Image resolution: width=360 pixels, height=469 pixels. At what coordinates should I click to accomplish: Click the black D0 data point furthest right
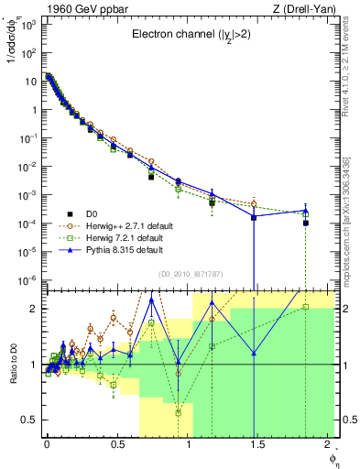(x=306, y=223)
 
